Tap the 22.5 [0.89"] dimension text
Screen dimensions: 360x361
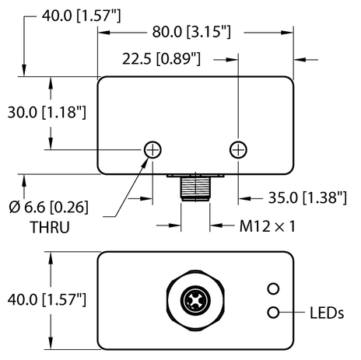click(x=163, y=58)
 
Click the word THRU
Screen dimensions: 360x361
click(x=48, y=229)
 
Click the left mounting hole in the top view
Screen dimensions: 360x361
click(x=154, y=149)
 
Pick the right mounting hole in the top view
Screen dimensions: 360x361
click(x=238, y=149)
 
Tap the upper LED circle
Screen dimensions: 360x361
click(x=273, y=290)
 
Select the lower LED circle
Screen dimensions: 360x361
click(x=273, y=313)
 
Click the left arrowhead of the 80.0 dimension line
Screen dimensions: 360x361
click(x=101, y=33)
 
